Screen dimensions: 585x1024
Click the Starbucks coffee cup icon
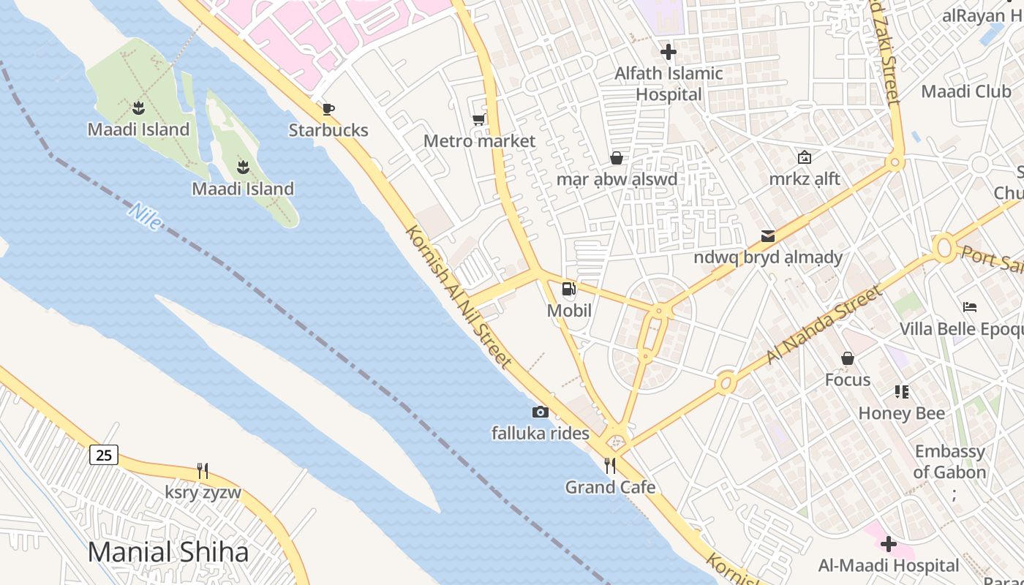328,110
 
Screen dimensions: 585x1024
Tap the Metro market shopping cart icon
479,119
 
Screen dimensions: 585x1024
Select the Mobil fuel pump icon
568,289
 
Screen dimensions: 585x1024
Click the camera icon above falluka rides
540,412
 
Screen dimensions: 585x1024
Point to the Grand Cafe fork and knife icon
609,465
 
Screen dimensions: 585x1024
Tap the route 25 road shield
104,455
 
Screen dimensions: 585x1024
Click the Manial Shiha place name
168,552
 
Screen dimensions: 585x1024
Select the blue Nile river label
145,216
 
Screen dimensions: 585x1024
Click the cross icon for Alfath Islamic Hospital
668,52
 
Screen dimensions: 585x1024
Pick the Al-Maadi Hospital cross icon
889,544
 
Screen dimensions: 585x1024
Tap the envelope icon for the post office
768,235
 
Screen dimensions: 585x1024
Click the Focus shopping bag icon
848,358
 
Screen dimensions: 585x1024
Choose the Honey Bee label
901,413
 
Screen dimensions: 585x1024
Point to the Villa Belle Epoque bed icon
970,307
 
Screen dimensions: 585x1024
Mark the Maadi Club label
965,91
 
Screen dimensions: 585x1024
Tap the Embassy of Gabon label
949,461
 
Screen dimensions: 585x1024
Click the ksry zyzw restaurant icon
203,470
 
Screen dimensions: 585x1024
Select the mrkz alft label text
805,179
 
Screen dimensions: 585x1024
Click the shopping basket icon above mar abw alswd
617,158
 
